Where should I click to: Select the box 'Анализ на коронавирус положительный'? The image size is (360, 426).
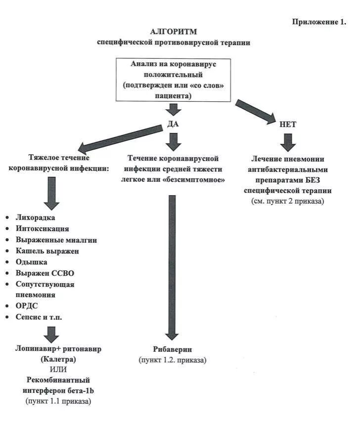pyautogui.click(x=174, y=80)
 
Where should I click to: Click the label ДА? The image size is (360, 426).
pyautogui.click(x=173, y=125)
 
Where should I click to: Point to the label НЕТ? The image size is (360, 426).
pyautogui.click(x=288, y=125)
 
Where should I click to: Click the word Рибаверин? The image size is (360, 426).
pyautogui.click(x=173, y=349)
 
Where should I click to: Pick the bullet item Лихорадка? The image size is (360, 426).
pyautogui.click(x=36, y=217)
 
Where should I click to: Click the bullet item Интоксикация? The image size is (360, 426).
pyautogui.click(x=43, y=229)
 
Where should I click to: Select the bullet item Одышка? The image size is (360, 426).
pyautogui.click(x=32, y=262)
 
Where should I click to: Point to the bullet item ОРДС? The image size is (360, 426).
pyautogui.click(x=28, y=306)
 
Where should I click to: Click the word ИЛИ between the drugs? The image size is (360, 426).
pyautogui.click(x=58, y=369)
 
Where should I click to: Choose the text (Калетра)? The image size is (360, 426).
pyautogui.click(x=58, y=359)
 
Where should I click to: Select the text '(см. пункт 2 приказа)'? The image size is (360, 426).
pyautogui.click(x=288, y=201)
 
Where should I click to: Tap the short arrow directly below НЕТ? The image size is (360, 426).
pyautogui.click(x=288, y=142)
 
